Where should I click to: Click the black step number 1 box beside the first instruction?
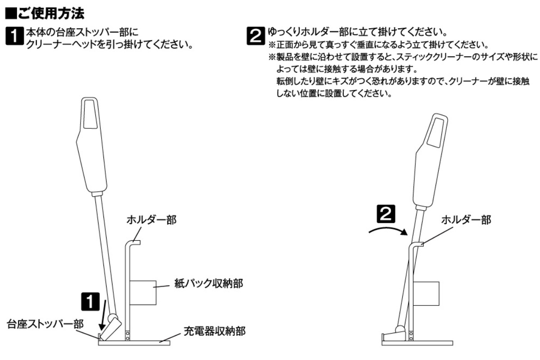(x=13, y=38)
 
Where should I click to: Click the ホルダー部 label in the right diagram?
(x=465, y=220)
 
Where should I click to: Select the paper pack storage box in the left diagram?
(x=143, y=292)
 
